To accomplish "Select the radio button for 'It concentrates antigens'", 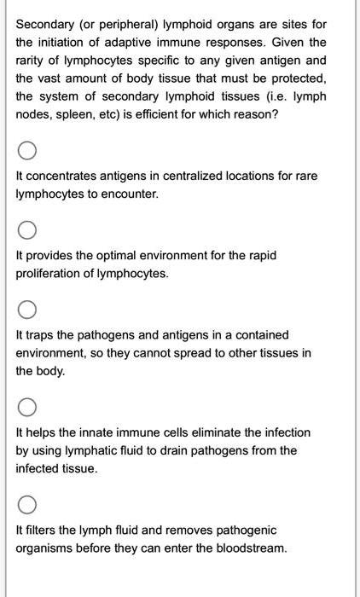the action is coord(27,152).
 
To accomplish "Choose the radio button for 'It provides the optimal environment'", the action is coord(27,231).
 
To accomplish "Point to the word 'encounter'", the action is coord(132,194).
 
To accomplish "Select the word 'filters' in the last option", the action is coord(40,530).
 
